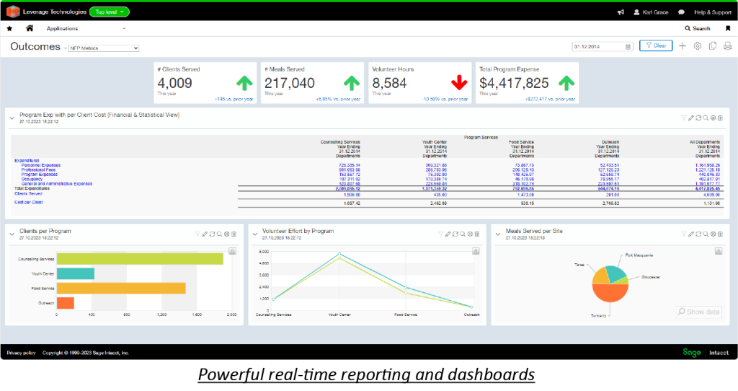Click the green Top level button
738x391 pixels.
pyautogui.click(x=110, y=12)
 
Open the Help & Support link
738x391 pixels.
pyautogui.click(x=712, y=12)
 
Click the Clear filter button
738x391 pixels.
pyautogui.click(x=655, y=45)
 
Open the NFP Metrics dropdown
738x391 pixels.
pyautogui.click(x=103, y=48)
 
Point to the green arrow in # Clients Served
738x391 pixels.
pyautogui.click(x=245, y=83)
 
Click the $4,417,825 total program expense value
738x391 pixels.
pyautogui.click(x=514, y=83)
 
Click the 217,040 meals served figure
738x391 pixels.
pyautogui.click(x=289, y=83)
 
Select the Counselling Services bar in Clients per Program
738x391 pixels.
pyautogui.click(x=140, y=259)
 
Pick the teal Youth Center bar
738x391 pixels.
pyautogui.click(x=75, y=273)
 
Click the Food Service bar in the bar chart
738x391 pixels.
pyautogui.click(x=121, y=289)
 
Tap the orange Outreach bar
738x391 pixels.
pyautogui.click(x=65, y=303)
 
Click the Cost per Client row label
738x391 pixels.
pyautogui.click(x=28, y=203)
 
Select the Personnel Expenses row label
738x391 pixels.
pyautogui.click(x=41, y=165)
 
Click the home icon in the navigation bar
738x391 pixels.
pyautogui.click(x=30, y=28)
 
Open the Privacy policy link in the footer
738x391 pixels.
pyautogui.click(x=21, y=353)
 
